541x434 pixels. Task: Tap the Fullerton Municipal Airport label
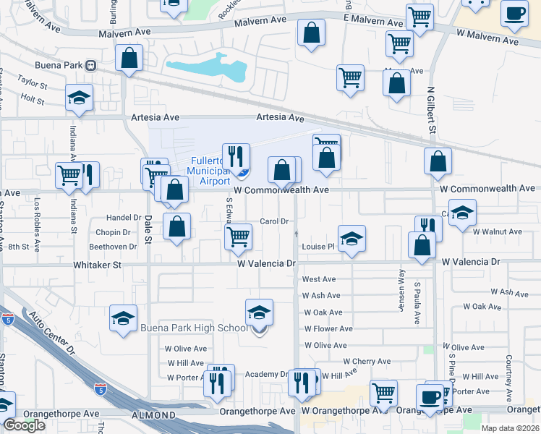tap(210, 171)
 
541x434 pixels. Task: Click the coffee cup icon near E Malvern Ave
tap(514, 14)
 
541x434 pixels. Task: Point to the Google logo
tap(24, 425)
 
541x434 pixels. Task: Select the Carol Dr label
tap(274, 221)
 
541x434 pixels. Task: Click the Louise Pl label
tap(318, 247)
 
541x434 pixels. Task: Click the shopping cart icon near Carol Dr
tap(238, 236)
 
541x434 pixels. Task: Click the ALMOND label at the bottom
tap(153, 415)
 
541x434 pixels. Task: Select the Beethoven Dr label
tap(112, 247)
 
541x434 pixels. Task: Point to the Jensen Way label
tap(400, 289)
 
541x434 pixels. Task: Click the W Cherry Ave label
tap(367, 361)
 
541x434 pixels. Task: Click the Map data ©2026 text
tap(510, 428)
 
